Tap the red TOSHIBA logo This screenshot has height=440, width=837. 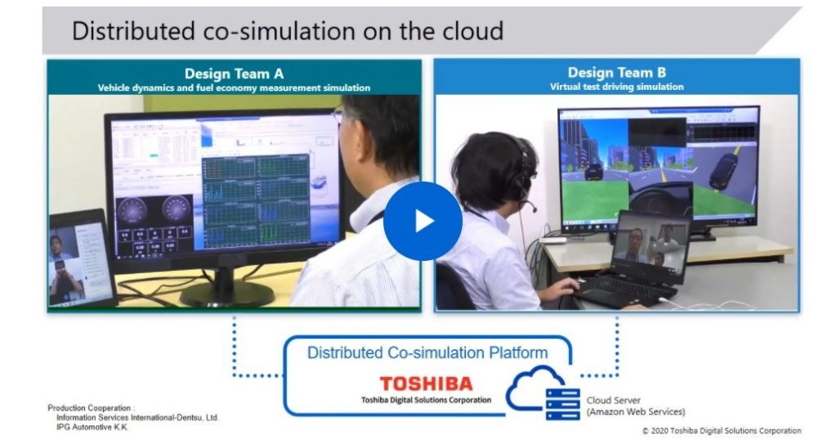tap(426, 384)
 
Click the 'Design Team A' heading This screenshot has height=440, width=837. tap(234, 74)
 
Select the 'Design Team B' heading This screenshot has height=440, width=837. tap(616, 74)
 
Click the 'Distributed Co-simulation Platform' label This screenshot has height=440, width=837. tap(427, 353)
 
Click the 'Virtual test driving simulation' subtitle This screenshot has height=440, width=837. tap(616, 87)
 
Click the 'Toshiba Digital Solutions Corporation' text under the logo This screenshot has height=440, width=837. tap(426, 400)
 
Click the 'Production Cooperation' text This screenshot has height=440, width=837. tap(91, 407)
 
